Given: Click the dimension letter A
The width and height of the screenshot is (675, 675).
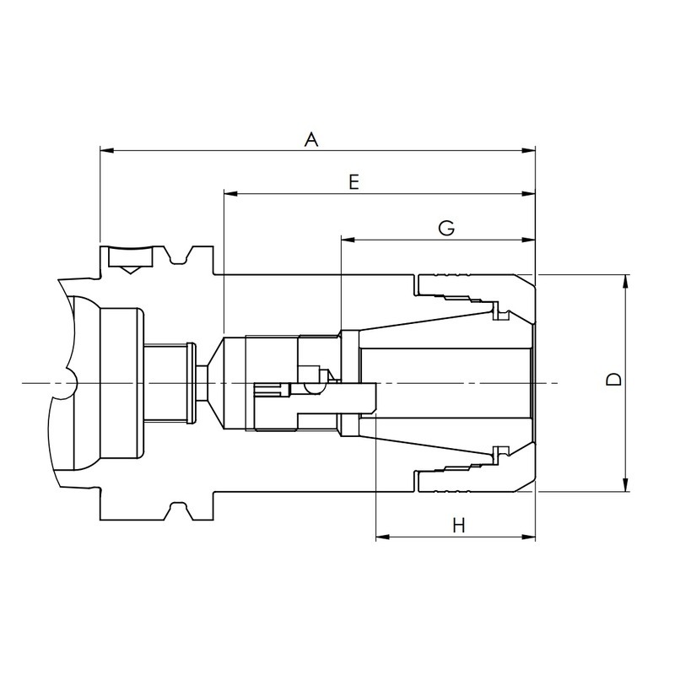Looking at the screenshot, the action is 311,140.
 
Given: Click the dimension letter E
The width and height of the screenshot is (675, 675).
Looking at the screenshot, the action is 354,182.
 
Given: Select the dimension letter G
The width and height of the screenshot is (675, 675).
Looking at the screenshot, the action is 446,228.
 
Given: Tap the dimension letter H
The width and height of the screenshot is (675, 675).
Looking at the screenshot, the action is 459,525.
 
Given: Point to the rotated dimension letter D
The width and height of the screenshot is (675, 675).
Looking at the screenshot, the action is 614,379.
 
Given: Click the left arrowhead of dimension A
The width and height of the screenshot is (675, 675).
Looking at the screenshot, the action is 107,150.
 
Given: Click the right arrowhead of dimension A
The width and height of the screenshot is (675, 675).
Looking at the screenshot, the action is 528,150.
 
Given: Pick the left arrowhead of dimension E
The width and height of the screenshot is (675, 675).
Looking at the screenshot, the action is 230,194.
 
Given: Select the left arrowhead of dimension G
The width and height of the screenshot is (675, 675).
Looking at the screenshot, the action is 348,240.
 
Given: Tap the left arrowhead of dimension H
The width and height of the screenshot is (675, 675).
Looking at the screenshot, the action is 383,537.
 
